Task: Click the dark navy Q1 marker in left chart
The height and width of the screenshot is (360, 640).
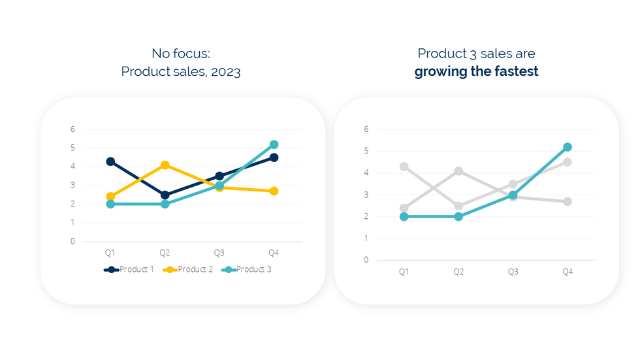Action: (110, 161)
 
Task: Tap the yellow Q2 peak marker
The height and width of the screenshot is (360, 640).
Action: (165, 165)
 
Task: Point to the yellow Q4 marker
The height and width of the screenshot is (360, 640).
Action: (274, 191)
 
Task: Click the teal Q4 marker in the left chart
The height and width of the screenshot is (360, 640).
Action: (274, 144)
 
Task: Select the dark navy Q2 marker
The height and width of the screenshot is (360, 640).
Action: (165, 195)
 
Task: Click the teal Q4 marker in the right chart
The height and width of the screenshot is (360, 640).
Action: (568, 147)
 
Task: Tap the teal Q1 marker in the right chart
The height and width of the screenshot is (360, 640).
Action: (404, 216)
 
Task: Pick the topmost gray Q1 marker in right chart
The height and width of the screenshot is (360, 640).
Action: (404, 167)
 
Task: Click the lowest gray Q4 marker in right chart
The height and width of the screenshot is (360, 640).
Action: (568, 201)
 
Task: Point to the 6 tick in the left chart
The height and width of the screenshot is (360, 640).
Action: (73, 129)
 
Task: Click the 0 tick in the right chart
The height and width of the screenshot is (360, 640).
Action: (366, 259)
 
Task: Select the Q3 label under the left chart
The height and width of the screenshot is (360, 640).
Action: (219, 252)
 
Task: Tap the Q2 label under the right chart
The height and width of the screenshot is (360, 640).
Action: (458, 271)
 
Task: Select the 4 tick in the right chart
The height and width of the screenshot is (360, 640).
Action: (366, 172)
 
